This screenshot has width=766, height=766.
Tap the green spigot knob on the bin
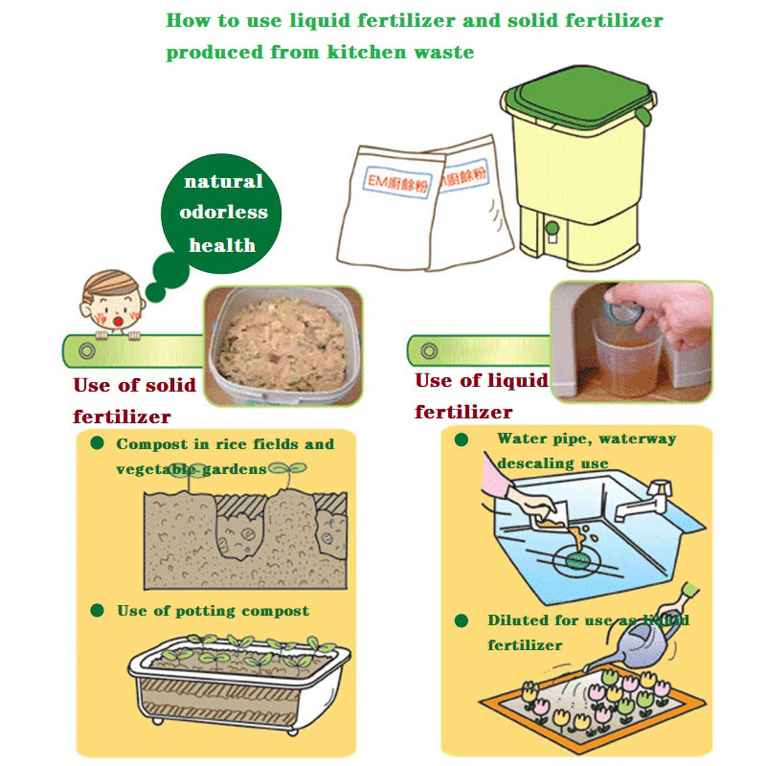point(552,228)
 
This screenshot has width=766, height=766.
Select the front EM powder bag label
point(397,182)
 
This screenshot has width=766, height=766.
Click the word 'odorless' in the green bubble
point(223,213)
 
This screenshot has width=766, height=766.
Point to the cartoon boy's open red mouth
point(118,321)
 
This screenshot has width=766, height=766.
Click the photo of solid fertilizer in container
point(282,346)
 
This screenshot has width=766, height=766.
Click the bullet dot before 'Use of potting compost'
point(98,610)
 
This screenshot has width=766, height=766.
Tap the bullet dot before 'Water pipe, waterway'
point(462,439)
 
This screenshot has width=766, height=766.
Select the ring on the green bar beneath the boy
point(87,350)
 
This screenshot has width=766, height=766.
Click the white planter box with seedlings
point(238,684)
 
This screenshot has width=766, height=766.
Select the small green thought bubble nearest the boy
point(155,292)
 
